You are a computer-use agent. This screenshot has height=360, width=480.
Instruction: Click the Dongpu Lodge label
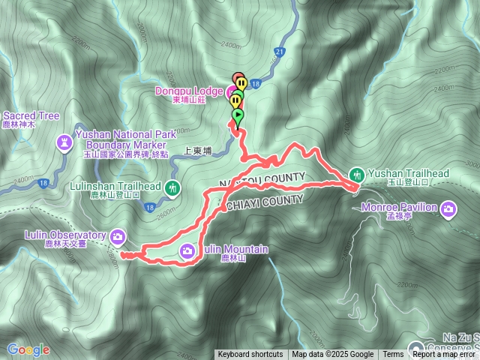coord(188,91)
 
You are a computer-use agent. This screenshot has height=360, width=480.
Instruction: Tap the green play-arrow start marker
coord(238,116)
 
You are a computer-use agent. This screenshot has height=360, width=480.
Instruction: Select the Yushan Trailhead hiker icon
coord(356,174)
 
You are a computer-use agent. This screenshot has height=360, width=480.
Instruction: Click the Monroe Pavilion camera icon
coord(448,208)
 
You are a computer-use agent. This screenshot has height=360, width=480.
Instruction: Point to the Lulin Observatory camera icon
coord(118,237)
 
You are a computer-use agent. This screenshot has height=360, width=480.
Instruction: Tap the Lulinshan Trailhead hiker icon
coord(174,187)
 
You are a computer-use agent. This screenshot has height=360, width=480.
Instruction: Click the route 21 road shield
coord(280,51)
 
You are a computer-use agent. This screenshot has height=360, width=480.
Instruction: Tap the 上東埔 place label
coord(197,151)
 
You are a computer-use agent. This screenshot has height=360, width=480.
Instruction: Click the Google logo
coord(28,349)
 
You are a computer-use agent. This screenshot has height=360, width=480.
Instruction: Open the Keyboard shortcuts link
coord(250,355)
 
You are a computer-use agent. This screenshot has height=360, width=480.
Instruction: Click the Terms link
coord(393,355)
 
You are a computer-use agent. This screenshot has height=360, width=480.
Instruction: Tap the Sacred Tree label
coord(31,116)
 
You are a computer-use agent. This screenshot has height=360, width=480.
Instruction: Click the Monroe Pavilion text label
coord(399,207)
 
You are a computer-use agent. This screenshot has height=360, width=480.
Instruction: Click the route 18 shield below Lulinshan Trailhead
coord(150,208)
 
